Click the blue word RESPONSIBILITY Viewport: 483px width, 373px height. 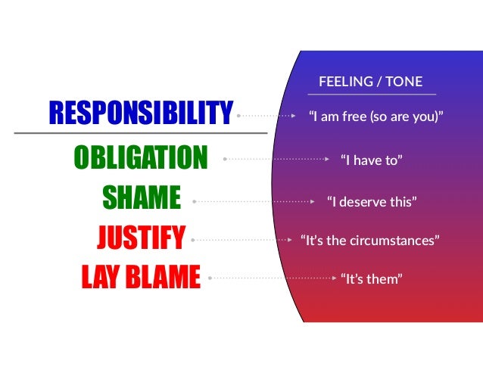pyautogui.click(x=140, y=115)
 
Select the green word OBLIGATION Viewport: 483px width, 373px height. pyautogui.click(x=140, y=159)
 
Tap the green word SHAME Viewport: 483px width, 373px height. pyautogui.click(x=141, y=200)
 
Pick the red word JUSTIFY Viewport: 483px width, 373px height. pyautogui.click(x=141, y=240)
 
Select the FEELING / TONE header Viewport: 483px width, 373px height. pyautogui.click(x=371, y=82)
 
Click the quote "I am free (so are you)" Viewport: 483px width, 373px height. pyautogui.click(x=375, y=117)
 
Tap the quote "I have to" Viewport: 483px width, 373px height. pyautogui.click(x=371, y=160)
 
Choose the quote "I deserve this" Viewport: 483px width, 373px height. pyautogui.click(x=371, y=202)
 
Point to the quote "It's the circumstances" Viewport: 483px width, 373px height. pyautogui.click(x=370, y=241)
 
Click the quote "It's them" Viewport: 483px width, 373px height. pyautogui.click(x=370, y=279)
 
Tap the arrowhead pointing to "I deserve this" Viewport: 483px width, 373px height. pyautogui.click(x=313, y=202)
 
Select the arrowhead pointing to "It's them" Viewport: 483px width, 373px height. pyautogui.click(x=335, y=278)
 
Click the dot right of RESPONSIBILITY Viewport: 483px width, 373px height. pyautogui.click(x=238, y=117)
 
